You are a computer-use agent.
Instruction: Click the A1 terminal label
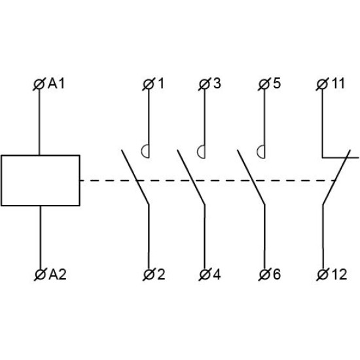(x=56, y=84)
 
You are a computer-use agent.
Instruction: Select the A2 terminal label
(x=58, y=274)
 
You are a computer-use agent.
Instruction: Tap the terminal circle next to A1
(x=39, y=84)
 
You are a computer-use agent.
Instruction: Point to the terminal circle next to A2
(x=41, y=275)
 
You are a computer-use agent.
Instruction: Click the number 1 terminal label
(x=161, y=84)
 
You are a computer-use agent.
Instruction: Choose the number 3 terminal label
(x=217, y=83)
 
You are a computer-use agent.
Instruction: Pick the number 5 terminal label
(x=277, y=83)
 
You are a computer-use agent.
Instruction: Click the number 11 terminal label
(x=338, y=83)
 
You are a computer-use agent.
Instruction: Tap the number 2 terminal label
(x=161, y=274)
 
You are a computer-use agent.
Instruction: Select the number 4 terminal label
(x=217, y=274)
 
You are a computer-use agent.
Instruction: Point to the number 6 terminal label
(x=277, y=274)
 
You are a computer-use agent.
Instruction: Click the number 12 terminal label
(x=339, y=274)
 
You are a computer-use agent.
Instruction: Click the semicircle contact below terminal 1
(x=141, y=152)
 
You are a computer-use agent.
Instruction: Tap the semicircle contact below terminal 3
(x=198, y=152)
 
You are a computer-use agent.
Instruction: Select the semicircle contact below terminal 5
(x=257, y=152)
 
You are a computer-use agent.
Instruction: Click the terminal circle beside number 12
(x=323, y=275)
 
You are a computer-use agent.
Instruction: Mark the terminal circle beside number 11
(x=322, y=84)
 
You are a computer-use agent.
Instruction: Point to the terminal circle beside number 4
(x=205, y=275)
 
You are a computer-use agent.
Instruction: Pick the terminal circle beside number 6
(x=264, y=275)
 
